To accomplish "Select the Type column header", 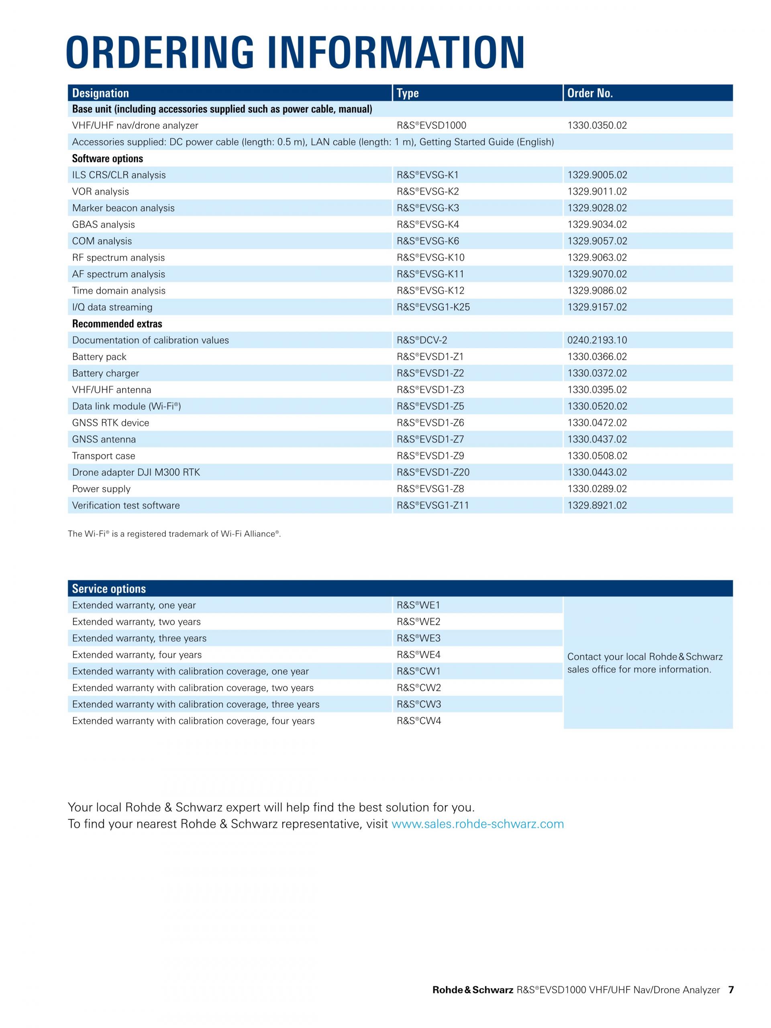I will tap(408, 93).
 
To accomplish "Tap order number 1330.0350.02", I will tap(597, 125).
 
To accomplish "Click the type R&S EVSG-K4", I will tap(428, 224).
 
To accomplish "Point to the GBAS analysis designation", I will tap(103, 224).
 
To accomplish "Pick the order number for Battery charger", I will tap(597, 373).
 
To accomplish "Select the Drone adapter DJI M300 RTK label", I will tap(136, 472).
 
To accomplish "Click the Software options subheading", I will tap(107, 159).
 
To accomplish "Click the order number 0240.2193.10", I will tap(597, 340).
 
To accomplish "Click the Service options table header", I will tap(109, 588).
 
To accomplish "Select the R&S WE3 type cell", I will tap(418, 638).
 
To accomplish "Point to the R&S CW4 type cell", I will tap(419, 721).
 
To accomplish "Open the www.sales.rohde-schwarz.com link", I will tap(477, 824).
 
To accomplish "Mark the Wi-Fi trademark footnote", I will tap(174, 534).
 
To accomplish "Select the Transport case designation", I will tap(103, 456).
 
